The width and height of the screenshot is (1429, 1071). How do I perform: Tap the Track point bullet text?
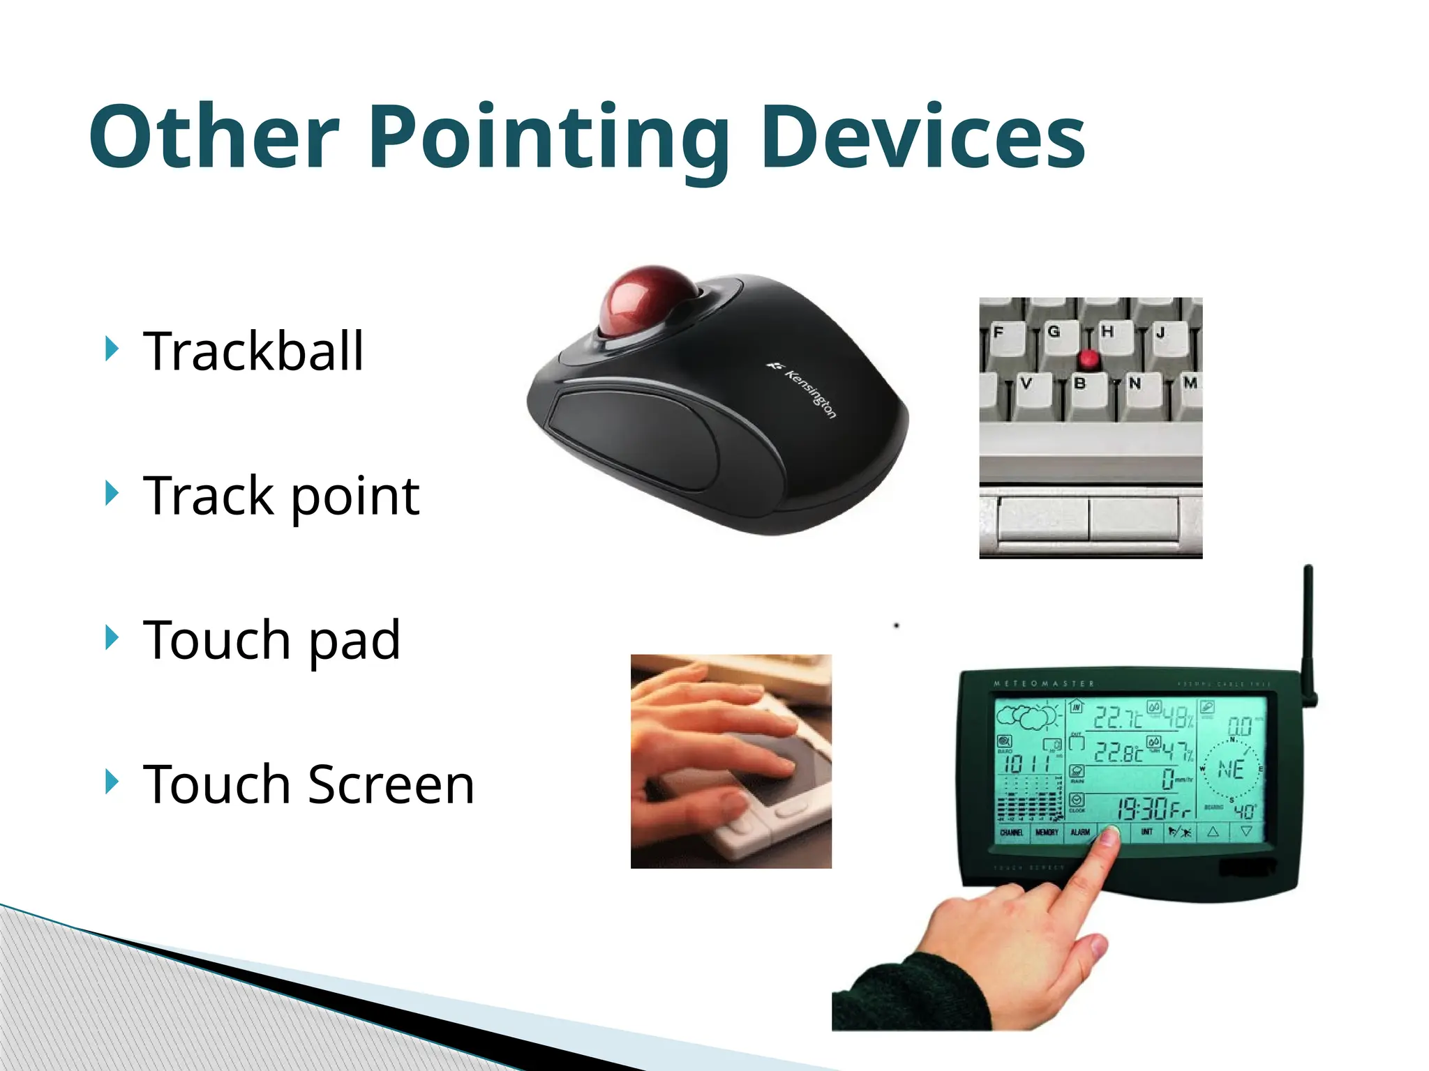pos(280,496)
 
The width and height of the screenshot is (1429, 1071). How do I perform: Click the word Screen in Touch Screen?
pos(391,784)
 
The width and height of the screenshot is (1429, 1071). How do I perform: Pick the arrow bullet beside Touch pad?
pos(111,637)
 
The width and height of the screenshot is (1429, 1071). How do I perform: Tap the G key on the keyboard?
pos(1054,332)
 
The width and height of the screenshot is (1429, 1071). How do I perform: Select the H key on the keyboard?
pos(1107,332)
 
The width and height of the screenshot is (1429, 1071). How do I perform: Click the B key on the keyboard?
pos(1080,384)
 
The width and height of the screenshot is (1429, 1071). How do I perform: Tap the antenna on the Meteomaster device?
pos(1308,628)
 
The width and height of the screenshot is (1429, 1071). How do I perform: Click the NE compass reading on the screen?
pos(1231,770)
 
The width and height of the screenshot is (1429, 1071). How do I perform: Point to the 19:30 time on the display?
pos(1142,809)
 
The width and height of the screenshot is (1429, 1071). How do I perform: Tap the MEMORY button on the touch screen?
pos(1047,833)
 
